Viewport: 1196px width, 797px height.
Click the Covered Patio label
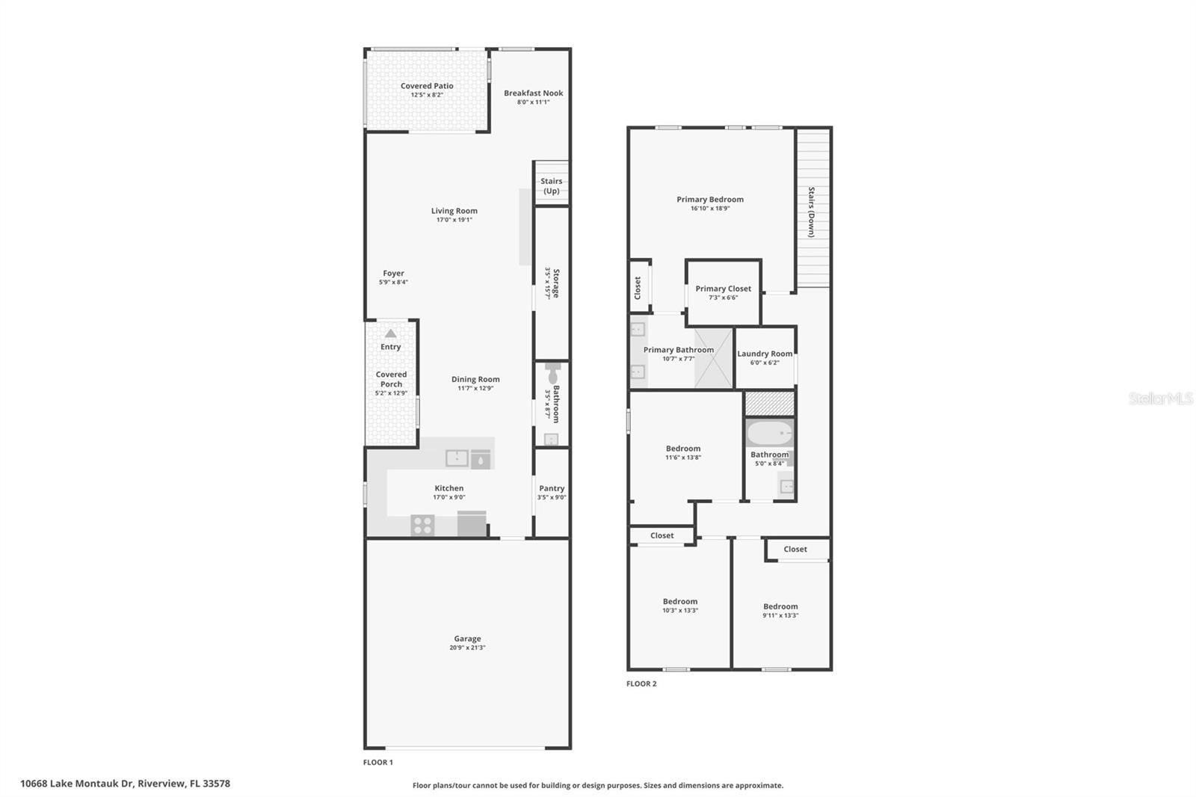pos(427,86)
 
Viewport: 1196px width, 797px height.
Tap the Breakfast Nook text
pos(533,93)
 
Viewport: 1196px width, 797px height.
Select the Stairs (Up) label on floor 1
pos(552,186)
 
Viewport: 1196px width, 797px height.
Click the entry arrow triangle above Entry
pos(390,333)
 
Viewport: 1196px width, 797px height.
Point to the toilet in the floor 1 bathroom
pos(553,373)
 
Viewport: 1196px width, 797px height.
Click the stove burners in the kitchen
pos(422,526)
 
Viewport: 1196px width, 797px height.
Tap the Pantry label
pos(552,488)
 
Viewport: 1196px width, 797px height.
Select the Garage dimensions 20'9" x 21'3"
pos(467,648)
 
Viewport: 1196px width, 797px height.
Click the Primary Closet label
pos(723,289)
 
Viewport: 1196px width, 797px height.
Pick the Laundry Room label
pos(765,354)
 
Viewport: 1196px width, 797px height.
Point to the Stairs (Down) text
pos(811,212)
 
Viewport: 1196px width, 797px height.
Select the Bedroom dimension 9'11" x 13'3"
pos(780,616)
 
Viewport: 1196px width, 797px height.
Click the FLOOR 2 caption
pos(641,683)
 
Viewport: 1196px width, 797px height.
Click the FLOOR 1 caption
pos(377,763)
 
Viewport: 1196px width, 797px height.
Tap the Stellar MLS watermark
pos(1160,398)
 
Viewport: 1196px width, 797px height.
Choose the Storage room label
pos(555,283)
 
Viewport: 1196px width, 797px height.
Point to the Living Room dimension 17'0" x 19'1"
pos(454,221)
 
